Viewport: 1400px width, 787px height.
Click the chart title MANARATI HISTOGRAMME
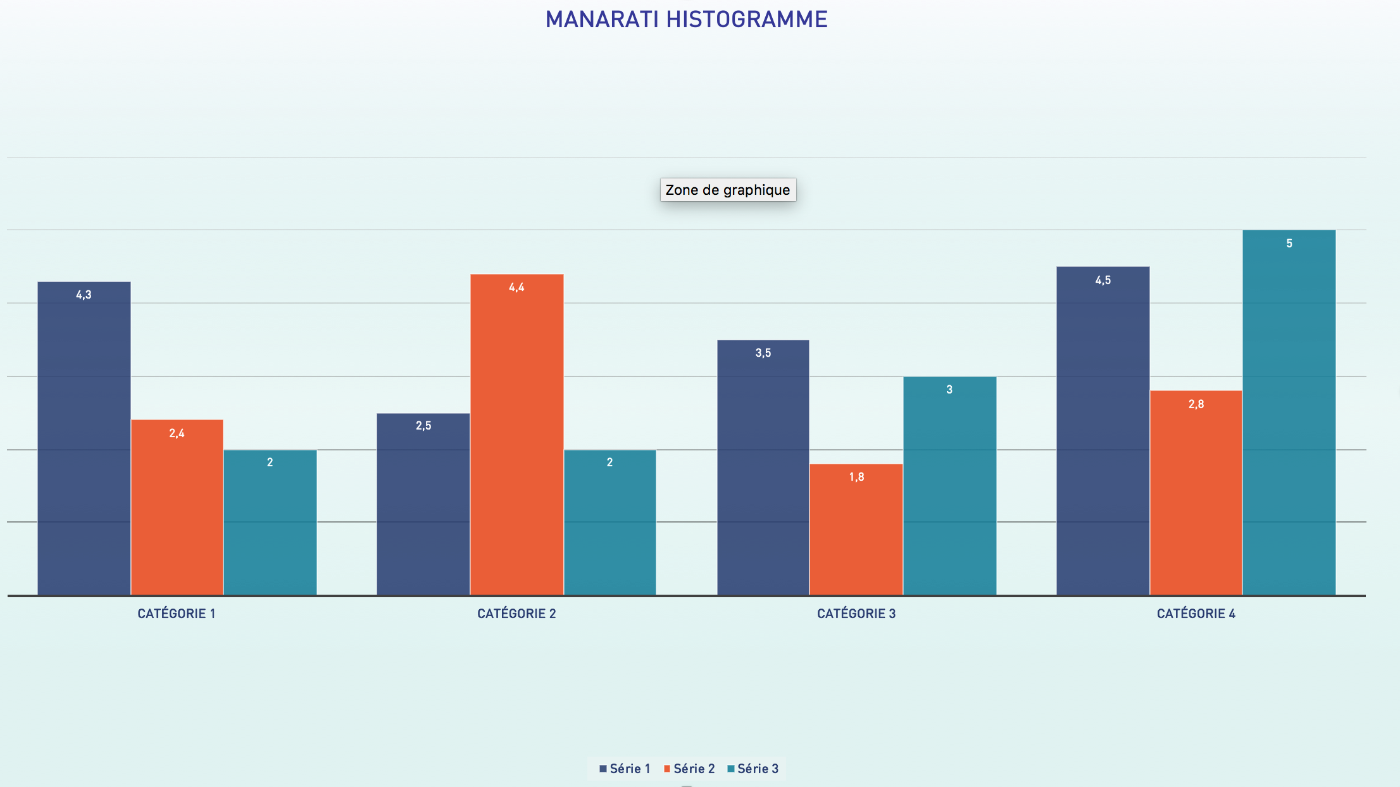coord(686,20)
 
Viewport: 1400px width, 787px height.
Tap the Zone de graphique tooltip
coord(728,190)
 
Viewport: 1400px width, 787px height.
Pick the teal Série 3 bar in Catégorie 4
coord(1289,412)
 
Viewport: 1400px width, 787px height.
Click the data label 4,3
coord(84,295)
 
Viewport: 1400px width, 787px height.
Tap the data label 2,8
coord(1196,404)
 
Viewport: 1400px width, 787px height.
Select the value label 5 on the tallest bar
coord(1289,244)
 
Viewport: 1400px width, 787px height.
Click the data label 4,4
coord(516,287)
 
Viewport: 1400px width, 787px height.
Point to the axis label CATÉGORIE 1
coord(177,614)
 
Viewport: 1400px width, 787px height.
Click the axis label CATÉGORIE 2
coord(516,614)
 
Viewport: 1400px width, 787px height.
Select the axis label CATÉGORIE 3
coord(856,614)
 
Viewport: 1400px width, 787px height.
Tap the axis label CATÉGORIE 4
coord(1196,614)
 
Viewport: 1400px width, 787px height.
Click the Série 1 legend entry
coord(625,769)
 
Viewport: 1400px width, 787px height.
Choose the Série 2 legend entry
coord(690,769)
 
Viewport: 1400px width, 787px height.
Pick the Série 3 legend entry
coord(754,769)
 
